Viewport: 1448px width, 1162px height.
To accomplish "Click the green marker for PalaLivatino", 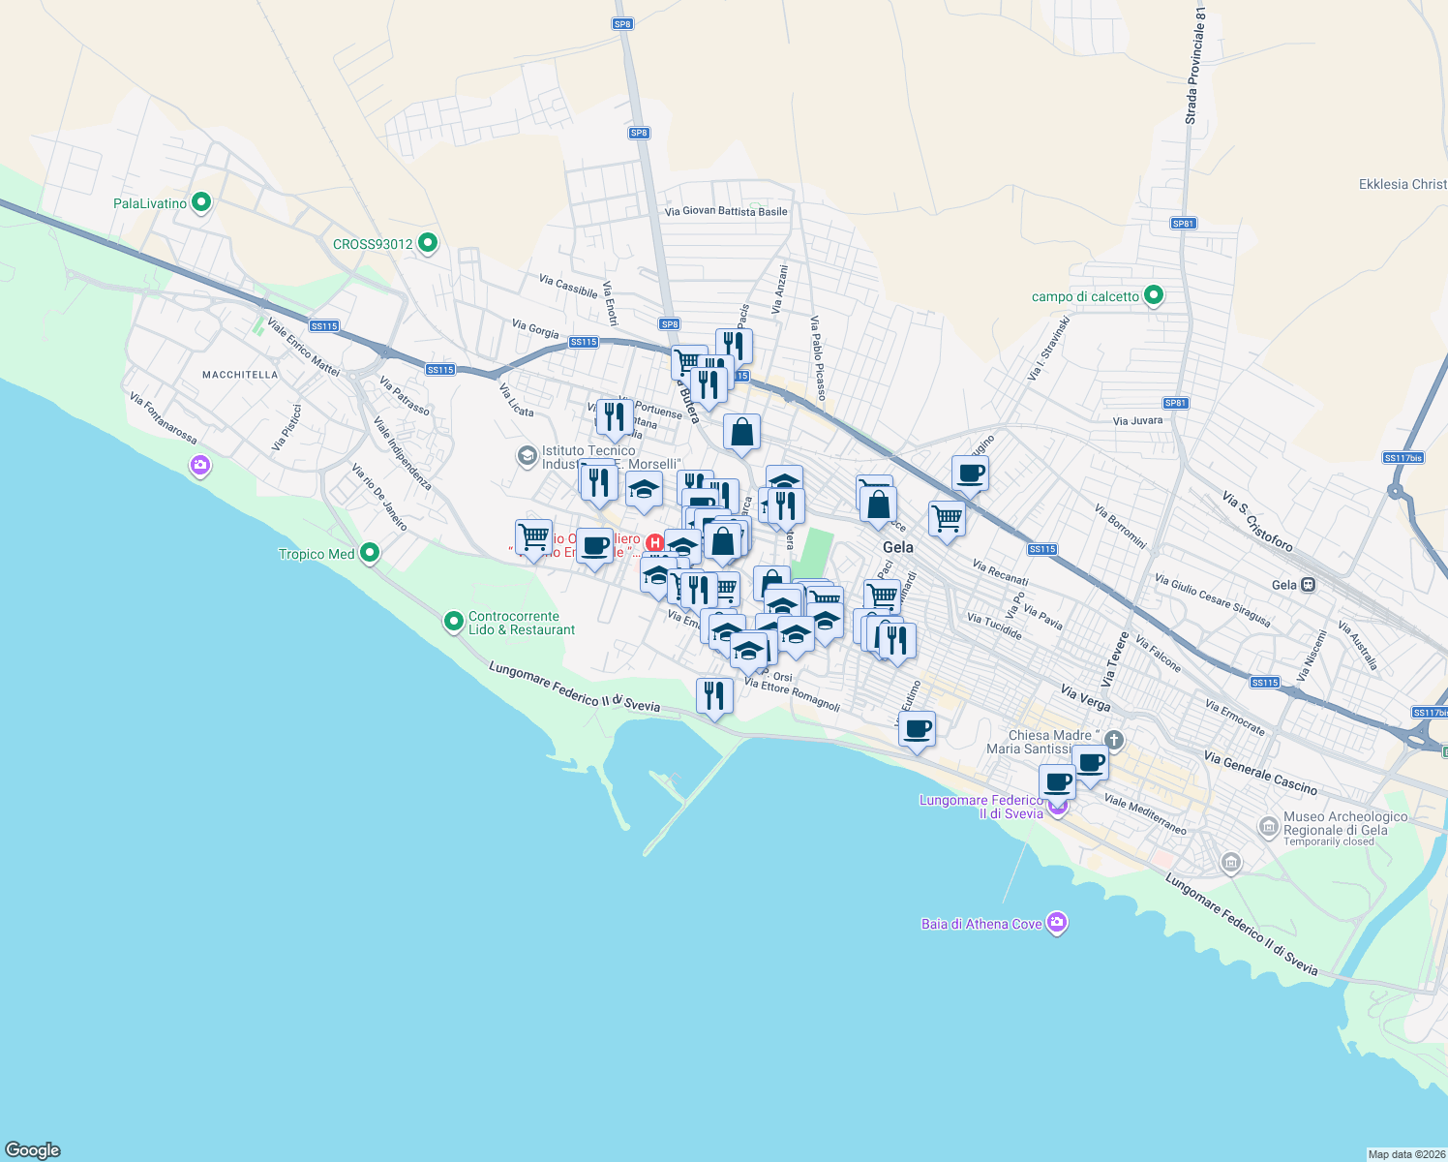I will pyautogui.click(x=201, y=203).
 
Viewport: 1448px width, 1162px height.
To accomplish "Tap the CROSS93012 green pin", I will pyautogui.click(x=429, y=244).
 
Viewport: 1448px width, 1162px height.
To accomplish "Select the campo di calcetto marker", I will pyautogui.click(x=1153, y=295).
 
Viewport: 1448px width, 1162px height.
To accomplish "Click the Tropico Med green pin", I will pyautogui.click(x=370, y=553).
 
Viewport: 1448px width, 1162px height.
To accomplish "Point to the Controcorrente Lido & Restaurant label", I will pyautogui.click(x=521, y=623).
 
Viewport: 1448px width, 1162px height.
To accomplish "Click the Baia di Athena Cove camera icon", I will pyautogui.click(x=1057, y=923).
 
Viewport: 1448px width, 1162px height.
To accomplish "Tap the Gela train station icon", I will pyautogui.click(x=1308, y=585).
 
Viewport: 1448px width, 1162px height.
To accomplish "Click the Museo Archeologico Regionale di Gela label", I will pyautogui.click(x=1344, y=824).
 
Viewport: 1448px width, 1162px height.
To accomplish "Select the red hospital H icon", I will pyautogui.click(x=654, y=542).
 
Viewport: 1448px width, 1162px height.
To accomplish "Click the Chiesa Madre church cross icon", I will pyautogui.click(x=1114, y=741).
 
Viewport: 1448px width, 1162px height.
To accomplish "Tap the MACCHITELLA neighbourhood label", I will pyautogui.click(x=240, y=375).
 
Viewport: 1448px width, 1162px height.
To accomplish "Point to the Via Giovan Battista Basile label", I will pyautogui.click(x=726, y=211).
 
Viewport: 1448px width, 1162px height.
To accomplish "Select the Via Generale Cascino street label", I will pyautogui.click(x=1260, y=772).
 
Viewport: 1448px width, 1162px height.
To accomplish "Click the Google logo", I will pyautogui.click(x=33, y=1150).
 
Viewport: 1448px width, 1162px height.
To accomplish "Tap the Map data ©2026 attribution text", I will pyautogui.click(x=1405, y=1154).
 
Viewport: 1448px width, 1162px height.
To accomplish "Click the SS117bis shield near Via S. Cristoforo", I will pyautogui.click(x=1403, y=458).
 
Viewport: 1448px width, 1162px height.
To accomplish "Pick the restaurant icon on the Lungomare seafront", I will pyautogui.click(x=714, y=696).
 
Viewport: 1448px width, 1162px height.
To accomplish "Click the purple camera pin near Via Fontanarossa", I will pyautogui.click(x=200, y=466).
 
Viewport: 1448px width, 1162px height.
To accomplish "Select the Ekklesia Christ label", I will pyautogui.click(x=1403, y=184).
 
